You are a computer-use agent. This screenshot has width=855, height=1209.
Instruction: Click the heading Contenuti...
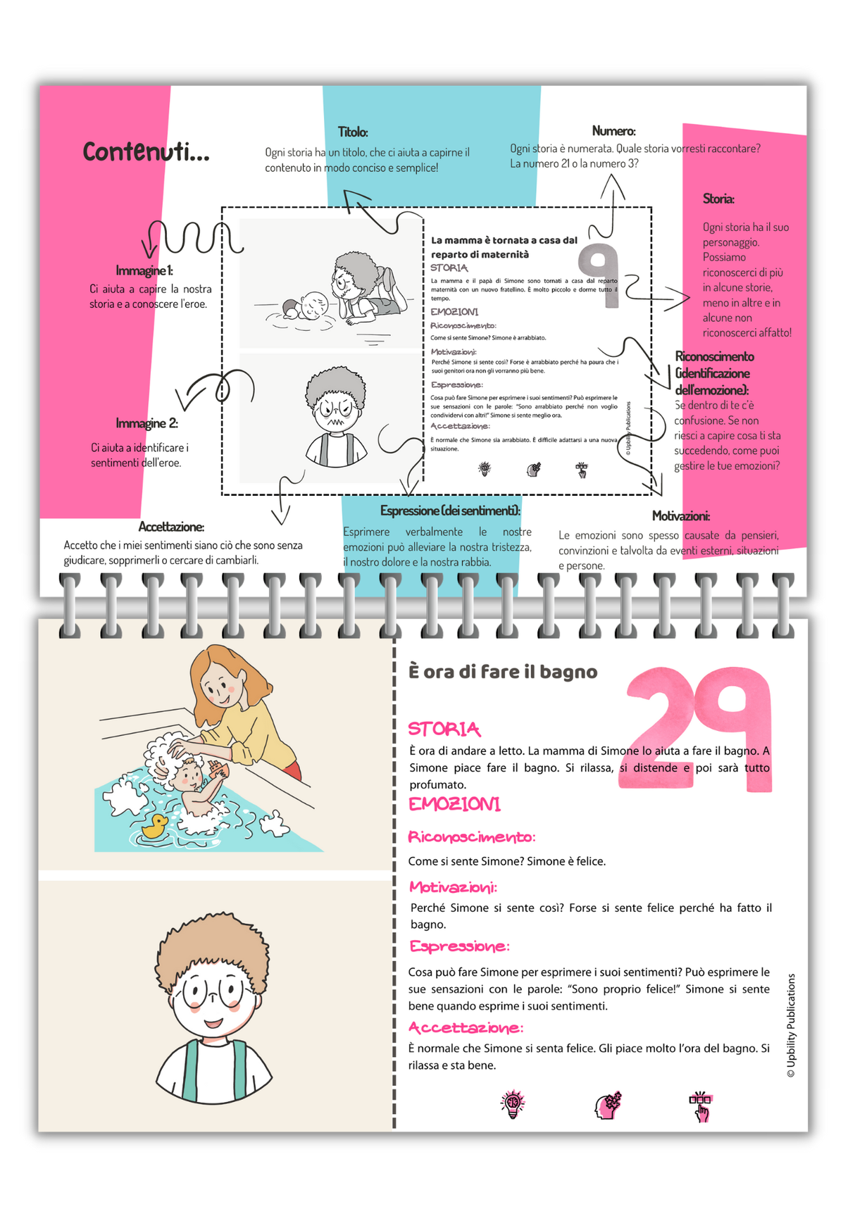[146, 151]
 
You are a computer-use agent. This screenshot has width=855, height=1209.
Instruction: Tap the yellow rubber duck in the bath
[154, 826]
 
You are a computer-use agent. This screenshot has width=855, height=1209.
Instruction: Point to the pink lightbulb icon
[513, 1105]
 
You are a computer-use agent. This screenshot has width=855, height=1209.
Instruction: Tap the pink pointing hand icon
[701, 1106]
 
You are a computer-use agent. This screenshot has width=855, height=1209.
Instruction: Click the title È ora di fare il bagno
[503, 672]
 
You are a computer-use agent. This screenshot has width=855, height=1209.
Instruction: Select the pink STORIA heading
[444, 729]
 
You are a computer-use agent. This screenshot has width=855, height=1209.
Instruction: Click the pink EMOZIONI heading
[454, 804]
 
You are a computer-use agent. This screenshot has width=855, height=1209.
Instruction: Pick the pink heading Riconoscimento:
[472, 837]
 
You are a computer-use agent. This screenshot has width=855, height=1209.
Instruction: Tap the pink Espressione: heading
[458, 946]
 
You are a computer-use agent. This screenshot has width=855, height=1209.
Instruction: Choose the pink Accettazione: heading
[466, 1028]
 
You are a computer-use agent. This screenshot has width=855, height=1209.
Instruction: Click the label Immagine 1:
[144, 271]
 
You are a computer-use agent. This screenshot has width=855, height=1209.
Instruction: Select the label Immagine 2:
[146, 423]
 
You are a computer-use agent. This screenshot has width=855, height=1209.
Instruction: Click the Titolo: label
[353, 132]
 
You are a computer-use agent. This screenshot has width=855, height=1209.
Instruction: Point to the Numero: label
[613, 131]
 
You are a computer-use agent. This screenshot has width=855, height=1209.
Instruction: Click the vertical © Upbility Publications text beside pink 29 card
[791, 1025]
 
